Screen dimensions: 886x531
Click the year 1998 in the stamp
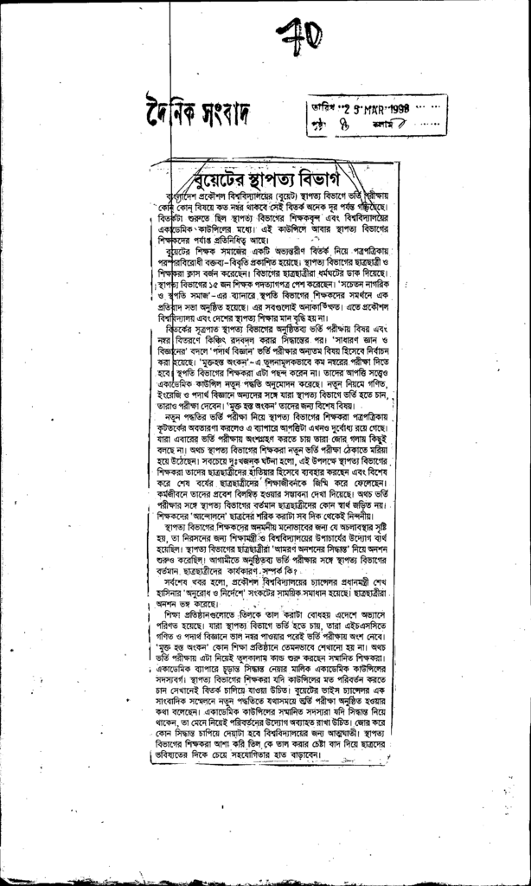click(x=404, y=108)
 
